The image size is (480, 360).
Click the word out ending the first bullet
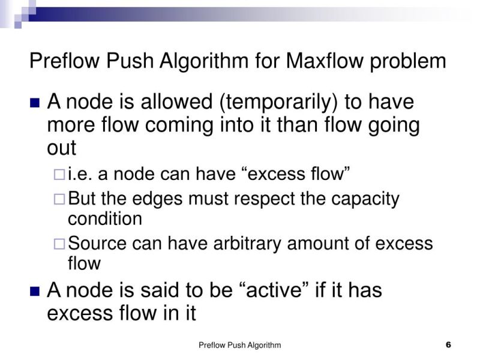[61, 148]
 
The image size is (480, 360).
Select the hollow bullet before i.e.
[59, 175]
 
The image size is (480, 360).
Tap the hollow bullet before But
[59, 199]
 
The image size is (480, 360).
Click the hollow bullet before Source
[59, 244]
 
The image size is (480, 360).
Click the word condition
[105, 218]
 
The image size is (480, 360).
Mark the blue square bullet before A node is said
[35, 292]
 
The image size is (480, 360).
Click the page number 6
[448, 345]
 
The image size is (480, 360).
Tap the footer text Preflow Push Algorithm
[239, 345]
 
